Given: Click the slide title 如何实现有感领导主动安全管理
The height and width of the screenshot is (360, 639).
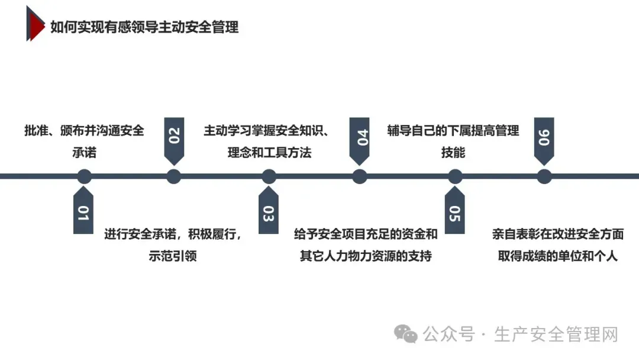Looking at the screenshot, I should click(x=144, y=27).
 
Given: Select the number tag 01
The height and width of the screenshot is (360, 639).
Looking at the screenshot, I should click(x=83, y=211).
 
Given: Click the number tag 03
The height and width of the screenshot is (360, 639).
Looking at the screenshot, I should click(x=269, y=211).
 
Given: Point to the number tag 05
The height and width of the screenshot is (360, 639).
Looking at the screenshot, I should click(x=454, y=211).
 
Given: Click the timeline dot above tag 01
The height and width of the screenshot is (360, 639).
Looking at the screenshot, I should click(x=85, y=176).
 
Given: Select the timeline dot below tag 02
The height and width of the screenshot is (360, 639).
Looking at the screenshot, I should click(x=173, y=176).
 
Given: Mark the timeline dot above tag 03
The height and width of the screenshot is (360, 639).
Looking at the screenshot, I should click(x=269, y=176).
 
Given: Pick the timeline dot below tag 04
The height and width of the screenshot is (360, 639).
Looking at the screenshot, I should click(x=360, y=176).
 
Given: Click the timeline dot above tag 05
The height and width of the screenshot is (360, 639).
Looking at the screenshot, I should click(x=454, y=176).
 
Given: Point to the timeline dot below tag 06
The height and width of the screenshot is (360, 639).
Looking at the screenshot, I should click(x=544, y=176).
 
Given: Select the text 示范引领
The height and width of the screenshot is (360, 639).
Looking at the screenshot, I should click(x=173, y=256).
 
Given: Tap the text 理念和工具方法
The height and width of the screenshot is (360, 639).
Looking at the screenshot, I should click(x=269, y=153).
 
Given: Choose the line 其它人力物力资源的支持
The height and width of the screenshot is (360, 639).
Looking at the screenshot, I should click(x=366, y=256).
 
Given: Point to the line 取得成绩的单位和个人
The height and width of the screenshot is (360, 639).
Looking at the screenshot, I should click(x=558, y=256).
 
